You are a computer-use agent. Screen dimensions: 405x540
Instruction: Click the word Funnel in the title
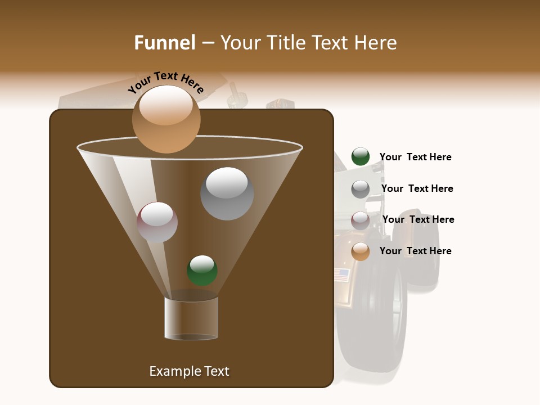click(x=165, y=43)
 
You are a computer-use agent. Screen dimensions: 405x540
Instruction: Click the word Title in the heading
click(x=286, y=43)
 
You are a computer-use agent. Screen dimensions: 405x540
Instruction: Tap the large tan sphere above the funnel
click(x=166, y=119)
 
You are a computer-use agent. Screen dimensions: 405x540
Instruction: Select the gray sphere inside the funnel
click(x=227, y=193)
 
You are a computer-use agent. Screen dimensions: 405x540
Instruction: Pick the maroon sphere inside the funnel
click(x=157, y=222)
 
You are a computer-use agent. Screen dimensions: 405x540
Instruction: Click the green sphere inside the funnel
click(x=202, y=271)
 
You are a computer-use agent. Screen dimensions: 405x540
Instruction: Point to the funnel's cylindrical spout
click(x=191, y=318)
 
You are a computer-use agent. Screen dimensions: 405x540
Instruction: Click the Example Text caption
click(x=189, y=371)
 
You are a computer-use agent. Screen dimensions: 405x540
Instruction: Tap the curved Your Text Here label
click(x=166, y=83)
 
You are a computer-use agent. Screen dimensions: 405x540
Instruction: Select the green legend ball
click(x=361, y=157)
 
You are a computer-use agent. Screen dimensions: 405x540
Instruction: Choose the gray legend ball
click(x=361, y=188)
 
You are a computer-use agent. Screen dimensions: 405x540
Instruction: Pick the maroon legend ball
click(x=361, y=220)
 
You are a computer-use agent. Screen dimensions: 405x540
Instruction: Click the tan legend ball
click(x=361, y=251)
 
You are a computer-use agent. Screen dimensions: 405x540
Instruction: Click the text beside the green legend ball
click(x=415, y=157)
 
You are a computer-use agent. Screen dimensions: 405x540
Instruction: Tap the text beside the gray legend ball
click(x=417, y=188)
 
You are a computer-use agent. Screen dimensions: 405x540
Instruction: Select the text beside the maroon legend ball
click(x=418, y=219)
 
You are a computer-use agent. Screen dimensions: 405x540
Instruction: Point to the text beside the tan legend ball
click(x=415, y=251)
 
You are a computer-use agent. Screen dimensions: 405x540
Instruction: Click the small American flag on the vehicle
click(x=341, y=274)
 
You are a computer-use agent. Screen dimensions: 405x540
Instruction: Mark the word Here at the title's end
click(x=376, y=43)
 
